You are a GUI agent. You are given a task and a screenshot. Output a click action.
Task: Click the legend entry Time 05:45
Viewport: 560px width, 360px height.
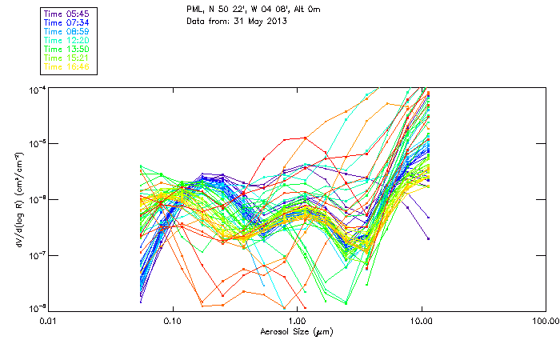click(66, 14)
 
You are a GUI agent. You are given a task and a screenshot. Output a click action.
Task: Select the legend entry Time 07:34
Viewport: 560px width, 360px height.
click(66, 22)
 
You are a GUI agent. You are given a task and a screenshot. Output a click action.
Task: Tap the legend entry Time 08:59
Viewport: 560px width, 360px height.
click(66, 31)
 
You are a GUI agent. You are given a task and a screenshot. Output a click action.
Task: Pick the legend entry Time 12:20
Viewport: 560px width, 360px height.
click(66, 40)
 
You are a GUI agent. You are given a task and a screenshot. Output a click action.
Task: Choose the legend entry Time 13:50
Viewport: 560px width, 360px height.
click(66, 49)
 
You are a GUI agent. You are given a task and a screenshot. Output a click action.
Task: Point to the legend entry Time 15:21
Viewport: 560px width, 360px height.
click(66, 58)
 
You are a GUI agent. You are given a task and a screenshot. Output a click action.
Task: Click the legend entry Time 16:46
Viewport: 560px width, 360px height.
click(66, 66)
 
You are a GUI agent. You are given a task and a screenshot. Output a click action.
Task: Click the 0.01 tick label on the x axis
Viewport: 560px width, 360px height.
click(49, 320)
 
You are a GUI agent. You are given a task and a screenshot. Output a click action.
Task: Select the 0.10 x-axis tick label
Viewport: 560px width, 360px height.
click(173, 320)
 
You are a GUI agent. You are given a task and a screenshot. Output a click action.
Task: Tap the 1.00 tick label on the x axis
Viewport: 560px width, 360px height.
click(297, 320)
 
